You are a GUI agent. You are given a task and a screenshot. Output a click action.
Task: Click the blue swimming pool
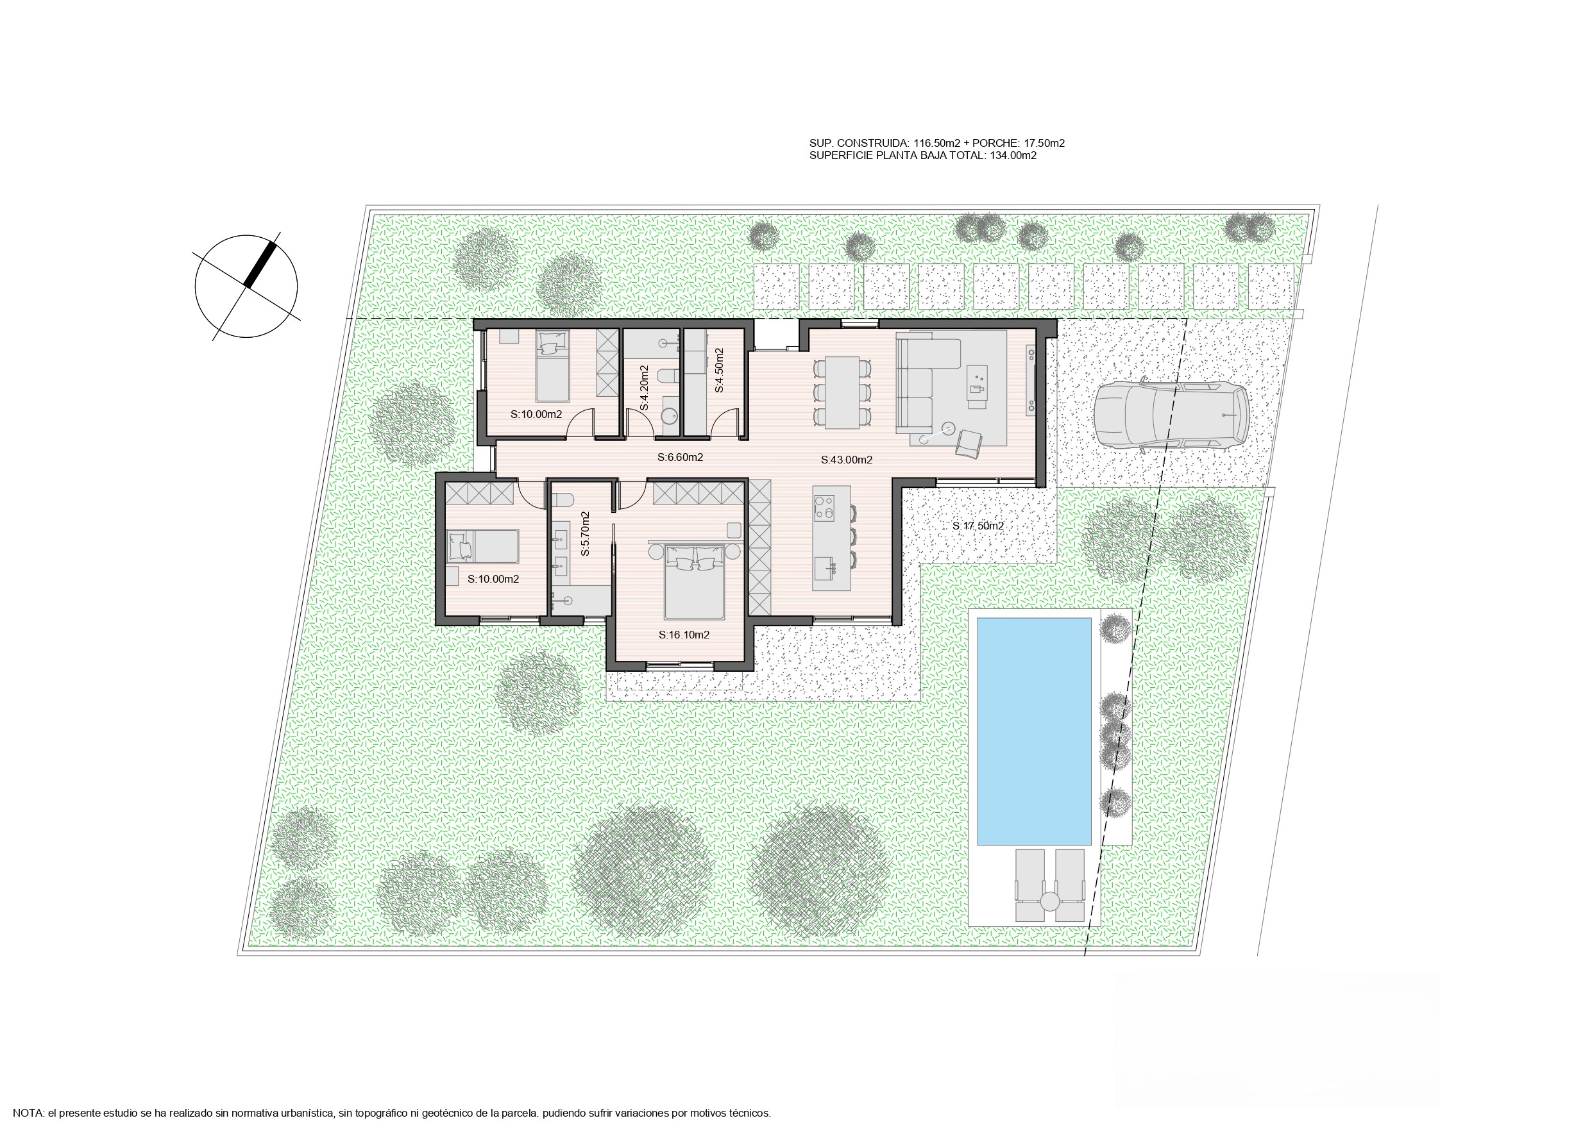1034,731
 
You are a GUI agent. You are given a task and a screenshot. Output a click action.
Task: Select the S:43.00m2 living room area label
846,460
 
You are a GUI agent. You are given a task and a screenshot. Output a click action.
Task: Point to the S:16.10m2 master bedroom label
684,635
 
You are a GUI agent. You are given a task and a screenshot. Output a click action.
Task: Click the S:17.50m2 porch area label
978,526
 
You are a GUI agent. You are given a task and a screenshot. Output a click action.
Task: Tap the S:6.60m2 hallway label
680,458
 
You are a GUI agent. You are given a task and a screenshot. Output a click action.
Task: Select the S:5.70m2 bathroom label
584,534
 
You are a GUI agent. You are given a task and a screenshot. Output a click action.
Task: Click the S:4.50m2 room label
719,370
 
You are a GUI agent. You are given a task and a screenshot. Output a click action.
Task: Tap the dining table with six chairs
841,392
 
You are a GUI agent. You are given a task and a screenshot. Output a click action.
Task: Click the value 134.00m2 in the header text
1012,156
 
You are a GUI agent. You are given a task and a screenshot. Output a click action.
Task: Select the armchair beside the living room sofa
969,443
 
